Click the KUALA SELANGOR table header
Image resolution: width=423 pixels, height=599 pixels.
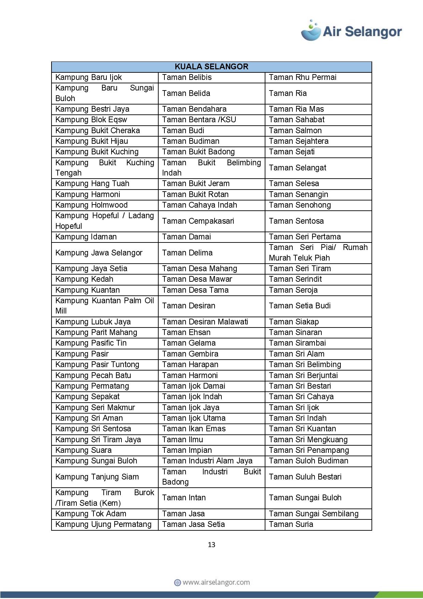(211, 67)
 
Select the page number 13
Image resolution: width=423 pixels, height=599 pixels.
(211, 545)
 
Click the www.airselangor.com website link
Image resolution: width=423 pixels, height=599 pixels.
(216, 583)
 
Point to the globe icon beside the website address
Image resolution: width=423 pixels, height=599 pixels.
(177, 583)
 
